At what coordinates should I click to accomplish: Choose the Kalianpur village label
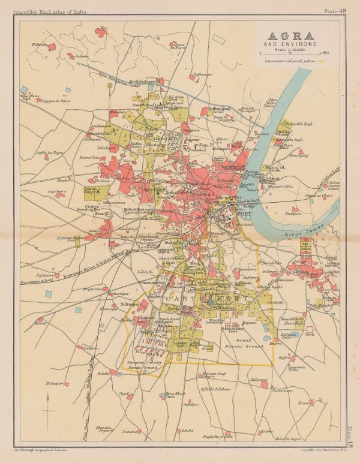coord(259,380)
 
